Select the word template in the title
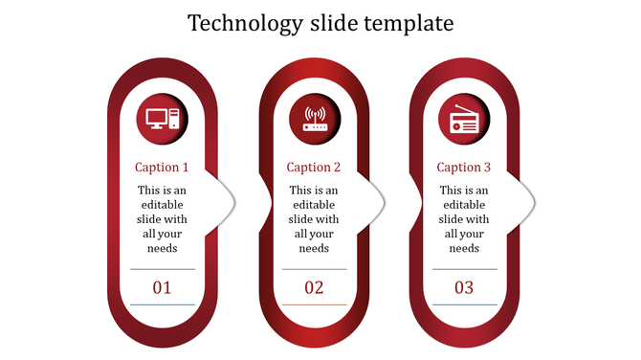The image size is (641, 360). point(411,23)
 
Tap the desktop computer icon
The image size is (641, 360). point(163,119)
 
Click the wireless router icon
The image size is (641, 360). point(315,119)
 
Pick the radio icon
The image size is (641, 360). point(464,122)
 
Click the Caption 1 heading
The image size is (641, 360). point(162,168)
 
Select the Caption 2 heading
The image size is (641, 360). point(314,168)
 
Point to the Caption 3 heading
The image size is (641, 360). point(464,168)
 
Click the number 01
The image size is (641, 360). point(162,287)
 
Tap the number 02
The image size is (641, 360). point(314,287)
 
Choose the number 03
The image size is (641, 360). point(464,287)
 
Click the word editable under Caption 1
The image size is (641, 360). point(162,205)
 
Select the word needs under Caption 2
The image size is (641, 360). point(314,248)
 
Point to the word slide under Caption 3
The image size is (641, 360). point(452,219)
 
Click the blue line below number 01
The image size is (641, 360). point(162,305)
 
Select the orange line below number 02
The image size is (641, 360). point(314,305)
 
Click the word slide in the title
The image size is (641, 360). point(339,23)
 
